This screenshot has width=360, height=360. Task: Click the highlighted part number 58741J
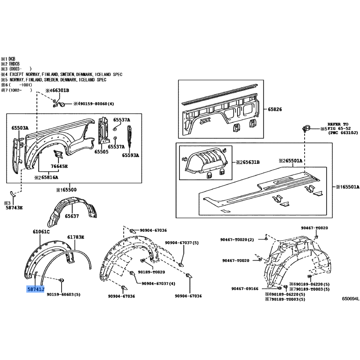(x=36, y=289)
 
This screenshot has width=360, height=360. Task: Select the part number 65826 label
(x=275, y=109)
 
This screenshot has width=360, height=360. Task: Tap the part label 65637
(x=72, y=216)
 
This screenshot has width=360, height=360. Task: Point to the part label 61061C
(x=41, y=232)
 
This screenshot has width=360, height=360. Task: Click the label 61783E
(x=76, y=237)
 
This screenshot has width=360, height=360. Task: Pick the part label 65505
(x=101, y=152)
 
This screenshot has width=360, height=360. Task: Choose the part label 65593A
(x=130, y=155)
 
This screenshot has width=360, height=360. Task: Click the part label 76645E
(x=59, y=166)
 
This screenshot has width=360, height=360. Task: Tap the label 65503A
(x=20, y=128)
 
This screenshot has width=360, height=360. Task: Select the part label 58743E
(x=13, y=208)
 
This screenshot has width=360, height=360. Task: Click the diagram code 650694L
(x=351, y=298)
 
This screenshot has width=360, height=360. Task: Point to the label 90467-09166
(x=245, y=288)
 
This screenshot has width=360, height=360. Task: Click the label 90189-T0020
(x=151, y=272)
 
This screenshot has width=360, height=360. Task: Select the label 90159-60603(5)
(x=63, y=294)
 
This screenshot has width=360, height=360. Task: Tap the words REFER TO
(x=338, y=124)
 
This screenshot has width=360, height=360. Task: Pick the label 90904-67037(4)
(x=158, y=283)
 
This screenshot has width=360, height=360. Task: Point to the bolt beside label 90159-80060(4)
(x=62, y=104)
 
